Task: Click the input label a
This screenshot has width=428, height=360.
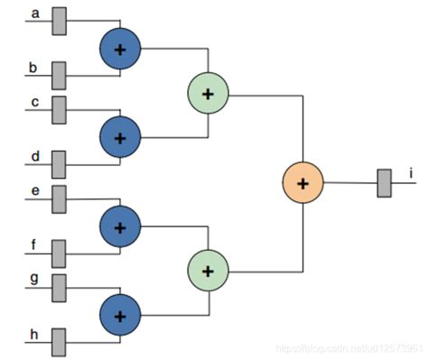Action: click(x=35, y=13)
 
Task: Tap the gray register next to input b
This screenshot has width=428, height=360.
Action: click(x=60, y=73)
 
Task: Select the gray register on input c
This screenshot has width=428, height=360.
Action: click(x=60, y=109)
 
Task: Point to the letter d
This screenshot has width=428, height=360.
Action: click(x=35, y=157)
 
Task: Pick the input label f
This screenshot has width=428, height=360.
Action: click(x=35, y=244)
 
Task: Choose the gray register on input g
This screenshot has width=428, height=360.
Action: click(x=60, y=287)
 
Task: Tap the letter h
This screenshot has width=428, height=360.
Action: click(x=35, y=335)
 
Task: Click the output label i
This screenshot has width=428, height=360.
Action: click(x=411, y=172)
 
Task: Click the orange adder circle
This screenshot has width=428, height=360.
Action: click(x=302, y=182)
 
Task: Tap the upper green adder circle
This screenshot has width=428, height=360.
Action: click(x=208, y=92)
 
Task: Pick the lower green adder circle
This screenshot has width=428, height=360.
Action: click(x=208, y=270)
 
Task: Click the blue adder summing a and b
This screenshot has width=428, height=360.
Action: click(x=119, y=47)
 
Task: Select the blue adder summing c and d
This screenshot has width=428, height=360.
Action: click(x=119, y=136)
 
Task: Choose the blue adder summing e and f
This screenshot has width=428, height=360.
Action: click(x=119, y=225)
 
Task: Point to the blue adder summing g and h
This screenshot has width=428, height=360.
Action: click(x=119, y=315)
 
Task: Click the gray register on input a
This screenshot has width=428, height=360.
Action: click(x=60, y=20)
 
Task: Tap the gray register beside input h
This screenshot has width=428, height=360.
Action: click(x=60, y=342)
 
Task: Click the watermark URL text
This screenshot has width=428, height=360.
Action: click(x=349, y=349)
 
